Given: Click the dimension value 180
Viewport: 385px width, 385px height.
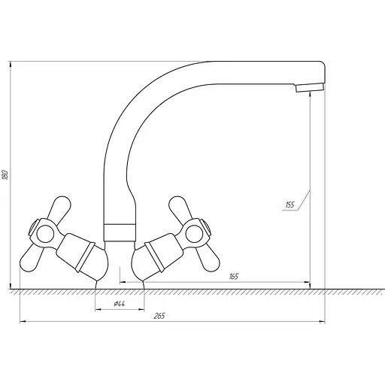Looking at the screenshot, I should pos(5,174).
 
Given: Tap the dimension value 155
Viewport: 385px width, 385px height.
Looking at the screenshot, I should pos(290,204).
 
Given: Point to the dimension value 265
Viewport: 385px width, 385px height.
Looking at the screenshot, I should pos(159,316).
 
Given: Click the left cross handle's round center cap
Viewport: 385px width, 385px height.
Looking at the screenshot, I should pos(37,227).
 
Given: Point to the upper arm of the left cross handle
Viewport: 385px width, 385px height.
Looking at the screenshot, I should pos(59,207).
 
